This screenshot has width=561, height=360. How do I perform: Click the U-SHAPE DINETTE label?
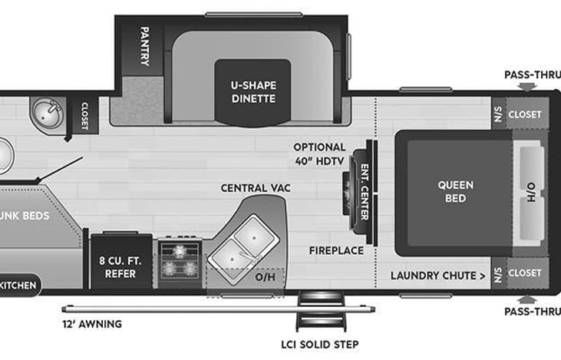click(252, 93)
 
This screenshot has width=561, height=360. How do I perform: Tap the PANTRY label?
click(144, 45)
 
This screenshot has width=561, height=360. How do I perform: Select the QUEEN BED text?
click(455, 192)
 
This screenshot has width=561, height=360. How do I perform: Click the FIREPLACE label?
click(335, 250)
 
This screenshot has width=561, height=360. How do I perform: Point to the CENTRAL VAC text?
click(256, 187)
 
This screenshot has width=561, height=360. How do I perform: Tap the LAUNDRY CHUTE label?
click(437, 275)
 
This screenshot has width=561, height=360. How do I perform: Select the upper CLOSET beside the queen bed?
click(524, 114)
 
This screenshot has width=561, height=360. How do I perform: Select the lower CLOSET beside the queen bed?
click(524, 272)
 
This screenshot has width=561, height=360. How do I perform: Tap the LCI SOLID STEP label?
click(320, 344)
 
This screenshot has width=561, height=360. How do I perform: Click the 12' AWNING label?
click(91, 324)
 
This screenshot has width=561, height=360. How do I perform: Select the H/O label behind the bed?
click(531, 192)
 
